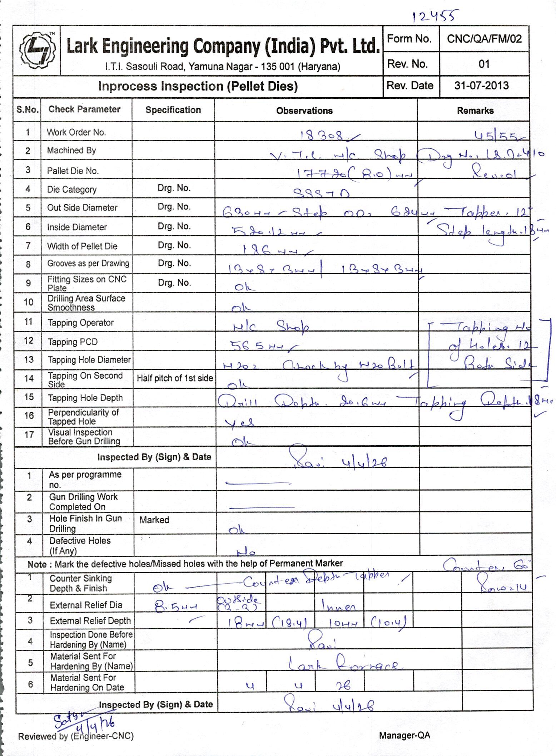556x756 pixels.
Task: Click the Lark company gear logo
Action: point(37,50)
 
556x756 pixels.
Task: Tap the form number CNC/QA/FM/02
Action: point(484,39)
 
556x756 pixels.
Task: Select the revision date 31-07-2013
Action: point(481,85)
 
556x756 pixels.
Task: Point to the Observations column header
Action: point(304,111)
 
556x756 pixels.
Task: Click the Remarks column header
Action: point(475,111)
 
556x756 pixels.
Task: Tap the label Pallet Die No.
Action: point(73,171)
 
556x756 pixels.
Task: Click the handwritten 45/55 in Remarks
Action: point(497,136)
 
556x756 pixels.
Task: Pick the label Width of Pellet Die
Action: point(82,246)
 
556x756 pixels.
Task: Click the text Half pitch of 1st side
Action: point(175,378)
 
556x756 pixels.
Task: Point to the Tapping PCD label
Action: point(73,342)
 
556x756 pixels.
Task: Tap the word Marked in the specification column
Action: point(154,520)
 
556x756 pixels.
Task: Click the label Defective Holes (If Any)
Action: point(80,545)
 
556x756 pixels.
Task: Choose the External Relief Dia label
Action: point(86,605)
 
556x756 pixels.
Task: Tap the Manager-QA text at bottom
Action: point(404,735)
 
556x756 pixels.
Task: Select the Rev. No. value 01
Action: point(484,64)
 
